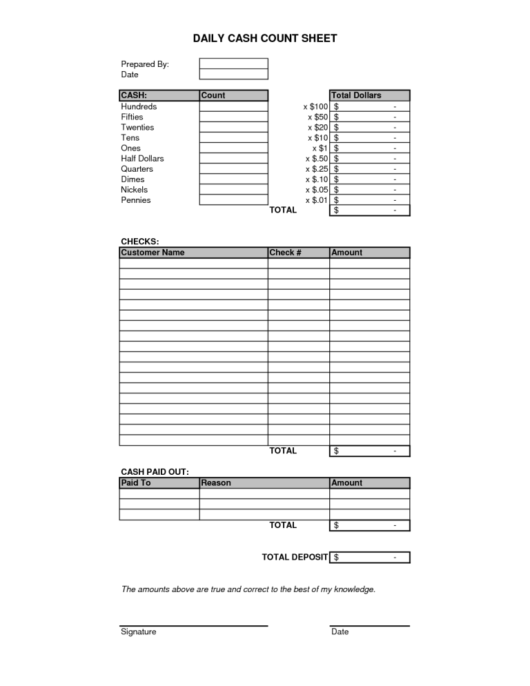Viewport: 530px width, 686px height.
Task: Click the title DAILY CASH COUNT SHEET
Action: (x=265, y=39)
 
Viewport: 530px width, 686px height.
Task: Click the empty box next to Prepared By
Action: (x=233, y=64)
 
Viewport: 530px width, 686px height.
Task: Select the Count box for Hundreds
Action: (x=233, y=106)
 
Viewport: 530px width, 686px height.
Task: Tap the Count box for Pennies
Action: (x=233, y=200)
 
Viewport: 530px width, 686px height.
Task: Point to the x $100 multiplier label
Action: (x=315, y=106)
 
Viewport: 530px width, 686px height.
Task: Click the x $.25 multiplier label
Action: (x=316, y=169)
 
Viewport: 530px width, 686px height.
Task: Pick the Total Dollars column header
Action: (x=356, y=95)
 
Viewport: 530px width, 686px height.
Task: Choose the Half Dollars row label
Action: (x=142, y=159)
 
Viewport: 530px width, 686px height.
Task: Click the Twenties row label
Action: (x=137, y=128)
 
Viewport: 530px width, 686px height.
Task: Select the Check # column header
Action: (x=286, y=253)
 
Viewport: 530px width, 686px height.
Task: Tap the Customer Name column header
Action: (x=153, y=253)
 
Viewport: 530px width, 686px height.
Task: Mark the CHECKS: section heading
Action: (x=140, y=242)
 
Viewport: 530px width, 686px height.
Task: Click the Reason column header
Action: (x=216, y=483)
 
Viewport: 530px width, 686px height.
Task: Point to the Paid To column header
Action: (x=136, y=483)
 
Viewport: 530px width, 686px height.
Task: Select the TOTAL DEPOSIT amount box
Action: (x=370, y=557)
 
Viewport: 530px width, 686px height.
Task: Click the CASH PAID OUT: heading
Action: (x=155, y=472)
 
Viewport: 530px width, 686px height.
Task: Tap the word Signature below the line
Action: (x=139, y=631)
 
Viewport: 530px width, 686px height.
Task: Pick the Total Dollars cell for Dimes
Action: (x=370, y=179)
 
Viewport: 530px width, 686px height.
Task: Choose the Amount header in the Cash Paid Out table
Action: (x=347, y=483)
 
